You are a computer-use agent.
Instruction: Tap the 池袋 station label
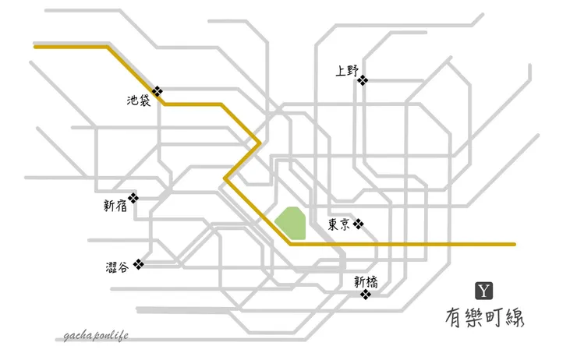[x=137, y=101]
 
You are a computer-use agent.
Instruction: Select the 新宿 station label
[x=114, y=206]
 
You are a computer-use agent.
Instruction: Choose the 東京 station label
[x=338, y=225]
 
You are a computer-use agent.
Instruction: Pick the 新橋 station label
[x=364, y=281]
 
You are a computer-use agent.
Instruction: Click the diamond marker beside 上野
[x=363, y=79]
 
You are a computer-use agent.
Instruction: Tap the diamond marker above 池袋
[x=158, y=90]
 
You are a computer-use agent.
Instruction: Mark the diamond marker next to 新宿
[x=133, y=199]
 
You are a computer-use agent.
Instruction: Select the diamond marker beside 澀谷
[x=139, y=263]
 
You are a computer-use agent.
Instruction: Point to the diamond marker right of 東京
[x=358, y=224]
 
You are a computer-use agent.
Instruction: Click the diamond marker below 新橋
[x=365, y=294]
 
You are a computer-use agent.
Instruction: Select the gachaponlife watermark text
[x=96, y=336]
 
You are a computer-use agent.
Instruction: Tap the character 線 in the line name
[x=517, y=319]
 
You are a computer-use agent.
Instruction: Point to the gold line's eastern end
[x=514, y=244]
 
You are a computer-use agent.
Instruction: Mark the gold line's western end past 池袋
[x=36, y=47]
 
